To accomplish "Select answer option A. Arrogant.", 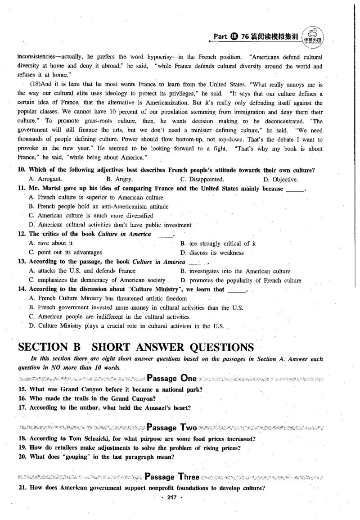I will click(x=45, y=179).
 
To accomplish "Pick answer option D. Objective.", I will click(x=280, y=179).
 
